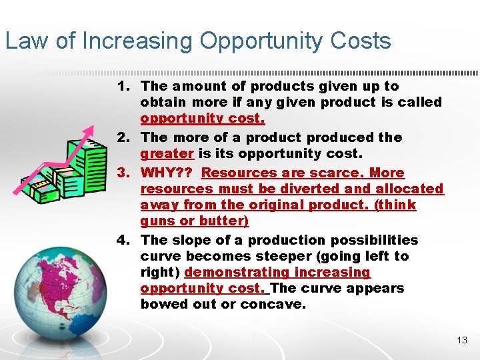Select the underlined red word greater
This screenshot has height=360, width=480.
coord(167,154)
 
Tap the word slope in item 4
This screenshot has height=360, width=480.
coord(190,240)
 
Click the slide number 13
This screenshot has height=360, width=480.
coord(462,341)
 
